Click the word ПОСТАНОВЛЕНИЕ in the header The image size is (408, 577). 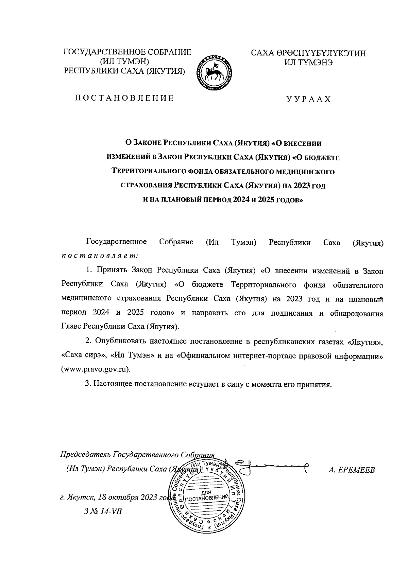[124, 99]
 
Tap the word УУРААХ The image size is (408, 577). [308, 99]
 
